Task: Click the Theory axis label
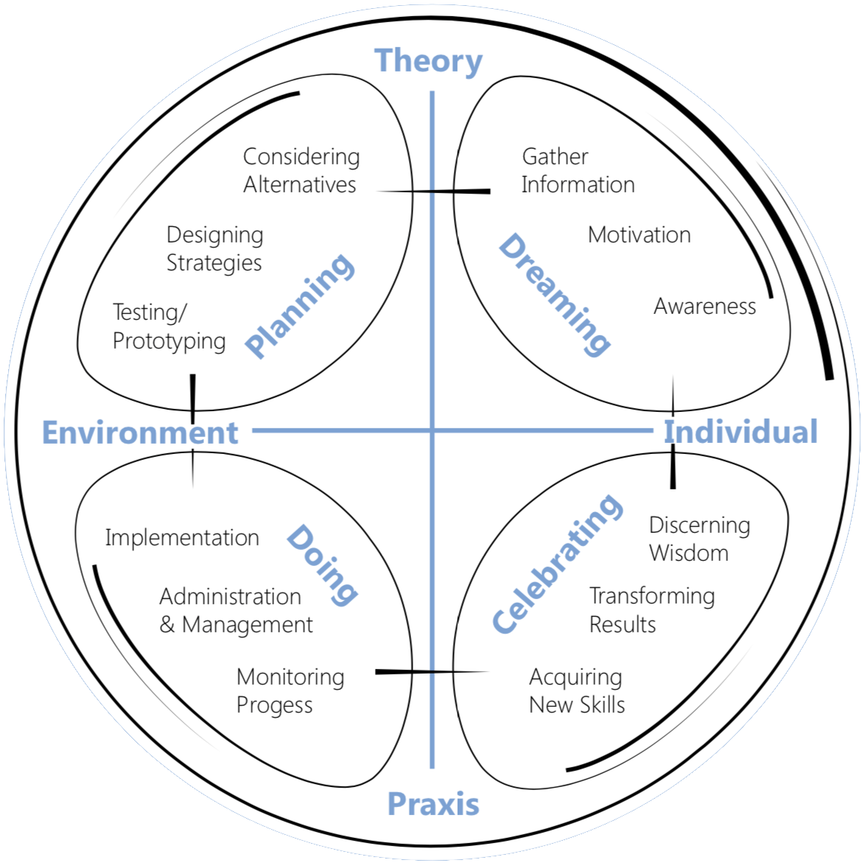428,61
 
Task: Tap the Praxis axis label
433,803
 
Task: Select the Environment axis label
140,432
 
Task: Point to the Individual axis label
740,431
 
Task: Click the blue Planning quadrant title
300,306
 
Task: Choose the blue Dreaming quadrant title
555,295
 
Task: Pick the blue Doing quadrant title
323,565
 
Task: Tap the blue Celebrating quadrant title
557,563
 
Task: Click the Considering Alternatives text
301,171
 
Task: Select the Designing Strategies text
214,249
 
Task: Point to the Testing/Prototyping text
169,326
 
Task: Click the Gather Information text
578,171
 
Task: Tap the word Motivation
640,235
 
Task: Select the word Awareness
704,307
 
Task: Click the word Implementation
182,538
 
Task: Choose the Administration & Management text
236,610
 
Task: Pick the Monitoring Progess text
290,691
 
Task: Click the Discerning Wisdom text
700,539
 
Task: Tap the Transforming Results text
652,609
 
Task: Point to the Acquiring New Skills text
577,691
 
